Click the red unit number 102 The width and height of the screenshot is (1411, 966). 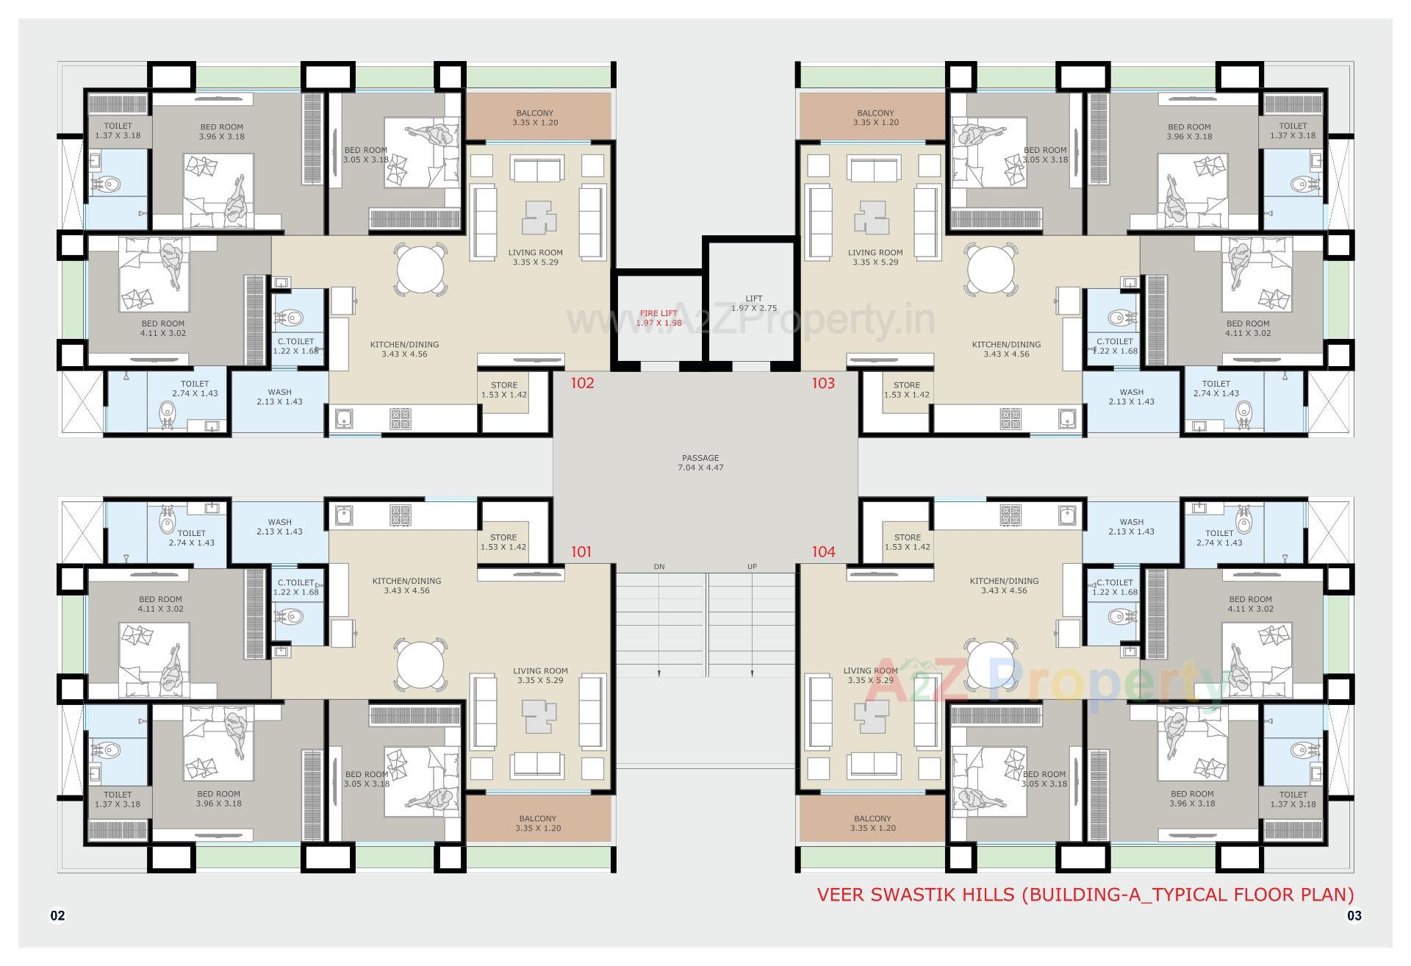pyautogui.click(x=582, y=383)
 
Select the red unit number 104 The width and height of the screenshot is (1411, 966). pyautogui.click(x=823, y=551)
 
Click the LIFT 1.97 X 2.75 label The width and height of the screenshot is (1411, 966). pyautogui.click(x=753, y=304)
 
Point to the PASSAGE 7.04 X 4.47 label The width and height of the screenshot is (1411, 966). pyautogui.click(x=700, y=462)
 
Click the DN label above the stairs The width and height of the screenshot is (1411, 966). pyautogui.click(x=658, y=567)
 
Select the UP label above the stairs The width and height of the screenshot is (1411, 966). pyautogui.click(x=752, y=567)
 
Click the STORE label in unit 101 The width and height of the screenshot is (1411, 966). pyautogui.click(x=503, y=542)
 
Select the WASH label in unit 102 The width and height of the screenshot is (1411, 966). pyautogui.click(x=279, y=397)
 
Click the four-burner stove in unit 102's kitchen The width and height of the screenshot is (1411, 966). pyautogui.click(x=401, y=419)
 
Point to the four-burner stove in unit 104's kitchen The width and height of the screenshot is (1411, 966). pyautogui.click(x=1010, y=515)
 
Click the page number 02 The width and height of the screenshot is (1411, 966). pyautogui.click(x=57, y=915)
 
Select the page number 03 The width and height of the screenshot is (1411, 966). pyautogui.click(x=1354, y=915)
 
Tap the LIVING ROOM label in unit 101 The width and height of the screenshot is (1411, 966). pyautogui.click(x=540, y=675)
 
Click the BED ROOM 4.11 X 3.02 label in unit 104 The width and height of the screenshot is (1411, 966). pyautogui.click(x=1249, y=604)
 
